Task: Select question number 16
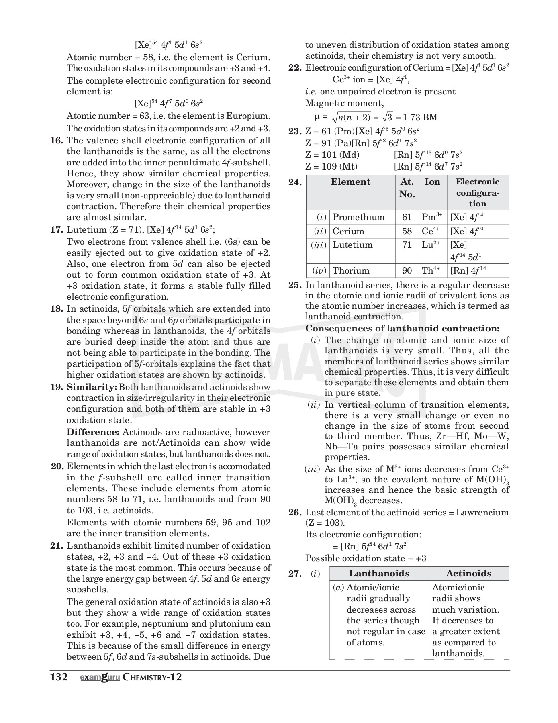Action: (57, 141)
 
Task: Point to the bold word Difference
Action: (93, 432)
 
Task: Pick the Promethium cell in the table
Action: (358, 217)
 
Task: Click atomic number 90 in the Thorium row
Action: (407, 271)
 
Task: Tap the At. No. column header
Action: (407, 188)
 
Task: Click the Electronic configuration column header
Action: (477, 192)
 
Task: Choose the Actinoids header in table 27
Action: (468, 573)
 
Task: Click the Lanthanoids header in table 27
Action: (379, 573)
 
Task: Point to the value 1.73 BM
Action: (420, 118)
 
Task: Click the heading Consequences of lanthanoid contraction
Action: (403, 329)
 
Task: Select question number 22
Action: (295, 68)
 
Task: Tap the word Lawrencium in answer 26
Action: (482, 513)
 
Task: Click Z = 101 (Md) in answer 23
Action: (333, 155)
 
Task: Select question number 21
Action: (57, 546)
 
